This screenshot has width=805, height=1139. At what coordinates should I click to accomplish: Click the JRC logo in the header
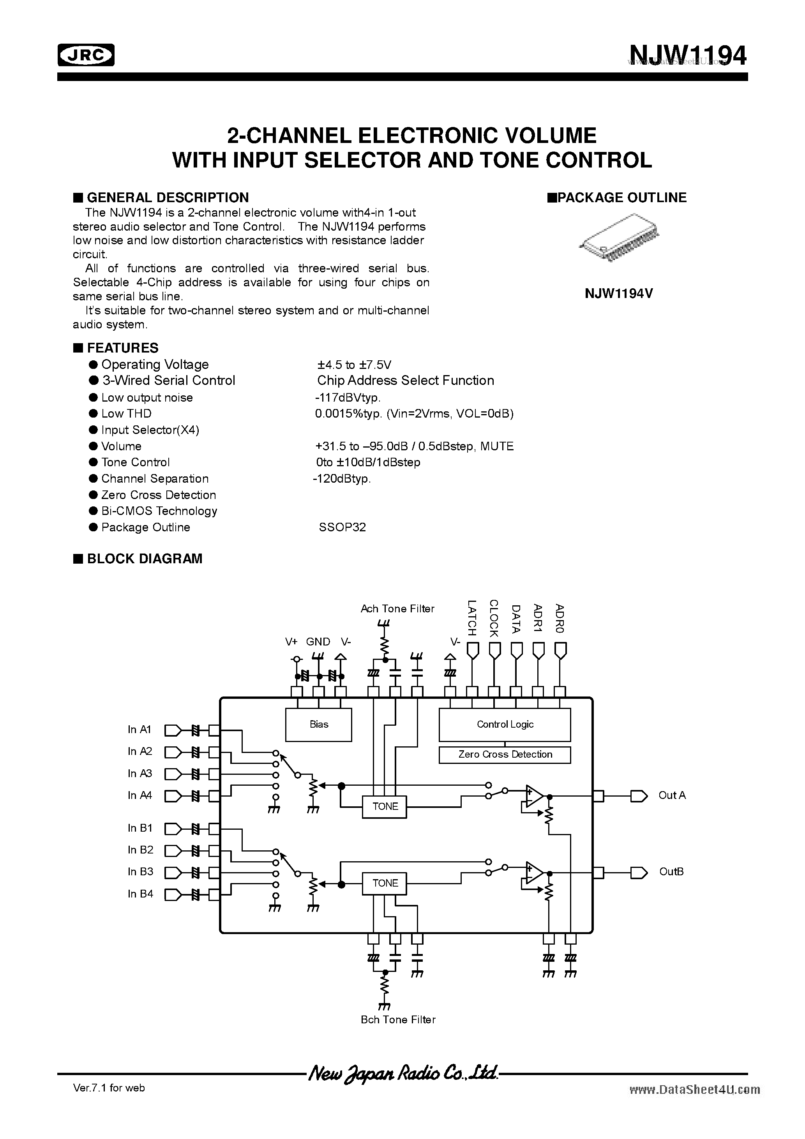pos(86,55)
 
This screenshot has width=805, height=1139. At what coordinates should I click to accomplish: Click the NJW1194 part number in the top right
pos(687,56)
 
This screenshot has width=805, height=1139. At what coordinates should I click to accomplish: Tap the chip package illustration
pos(620,238)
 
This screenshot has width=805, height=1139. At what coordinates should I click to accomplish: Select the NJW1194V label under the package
pos(618,294)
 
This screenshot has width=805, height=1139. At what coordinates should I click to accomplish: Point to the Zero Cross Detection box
pos(505,755)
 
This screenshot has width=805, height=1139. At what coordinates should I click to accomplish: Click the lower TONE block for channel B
pos(385,883)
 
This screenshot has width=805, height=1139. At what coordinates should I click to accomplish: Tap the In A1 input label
pos(139,730)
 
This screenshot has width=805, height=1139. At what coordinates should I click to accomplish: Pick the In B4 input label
pos(140,894)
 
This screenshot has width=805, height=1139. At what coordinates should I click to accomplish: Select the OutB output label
pos(671,872)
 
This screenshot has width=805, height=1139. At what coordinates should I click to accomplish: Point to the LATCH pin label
pos(472,618)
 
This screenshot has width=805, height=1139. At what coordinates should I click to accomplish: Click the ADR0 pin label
pos(560,619)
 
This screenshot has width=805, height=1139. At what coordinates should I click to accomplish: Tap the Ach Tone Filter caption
pos(397,609)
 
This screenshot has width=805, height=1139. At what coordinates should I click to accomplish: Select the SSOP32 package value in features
pos(342,527)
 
